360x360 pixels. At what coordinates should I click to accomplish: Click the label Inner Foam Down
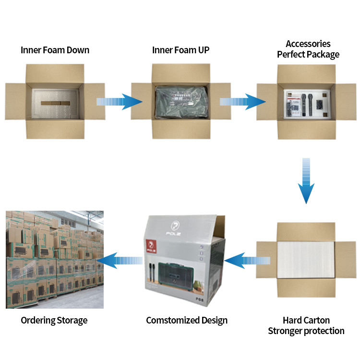(x=55, y=50)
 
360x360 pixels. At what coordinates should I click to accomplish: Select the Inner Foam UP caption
(x=180, y=50)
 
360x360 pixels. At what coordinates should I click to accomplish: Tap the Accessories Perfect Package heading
(x=308, y=49)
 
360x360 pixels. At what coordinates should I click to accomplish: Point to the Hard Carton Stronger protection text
(x=306, y=325)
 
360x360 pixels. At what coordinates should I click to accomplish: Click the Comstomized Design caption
(x=187, y=320)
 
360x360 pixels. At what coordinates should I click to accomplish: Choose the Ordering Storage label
(x=54, y=320)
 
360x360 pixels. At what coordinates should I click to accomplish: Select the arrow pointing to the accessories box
(x=243, y=102)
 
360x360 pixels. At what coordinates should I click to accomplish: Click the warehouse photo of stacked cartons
(x=54, y=259)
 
